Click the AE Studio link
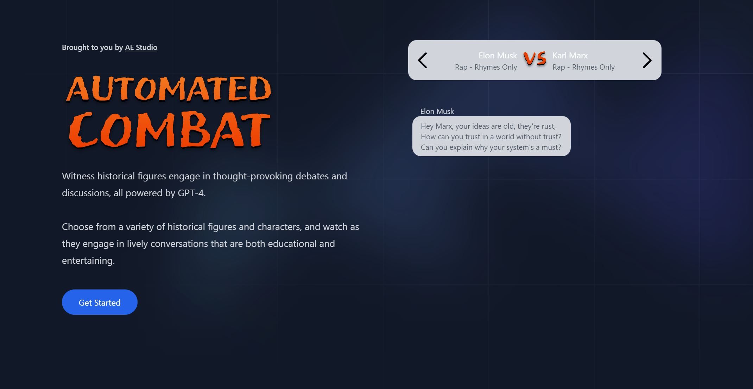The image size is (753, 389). (x=141, y=47)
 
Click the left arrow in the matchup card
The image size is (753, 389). (x=423, y=60)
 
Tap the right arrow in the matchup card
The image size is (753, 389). (x=647, y=60)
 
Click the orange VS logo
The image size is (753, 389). (x=534, y=59)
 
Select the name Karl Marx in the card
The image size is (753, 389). (x=570, y=56)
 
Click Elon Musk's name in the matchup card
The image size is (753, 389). (x=498, y=56)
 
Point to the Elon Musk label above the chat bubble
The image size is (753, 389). (x=437, y=111)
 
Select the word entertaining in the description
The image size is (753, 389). (x=88, y=261)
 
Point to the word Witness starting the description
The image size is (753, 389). (x=78, y=176)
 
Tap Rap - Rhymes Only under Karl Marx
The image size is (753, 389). (x=583, y=67)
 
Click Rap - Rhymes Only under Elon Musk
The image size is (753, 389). (x=486, y=67)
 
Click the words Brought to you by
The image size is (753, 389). (x=92, y=47)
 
